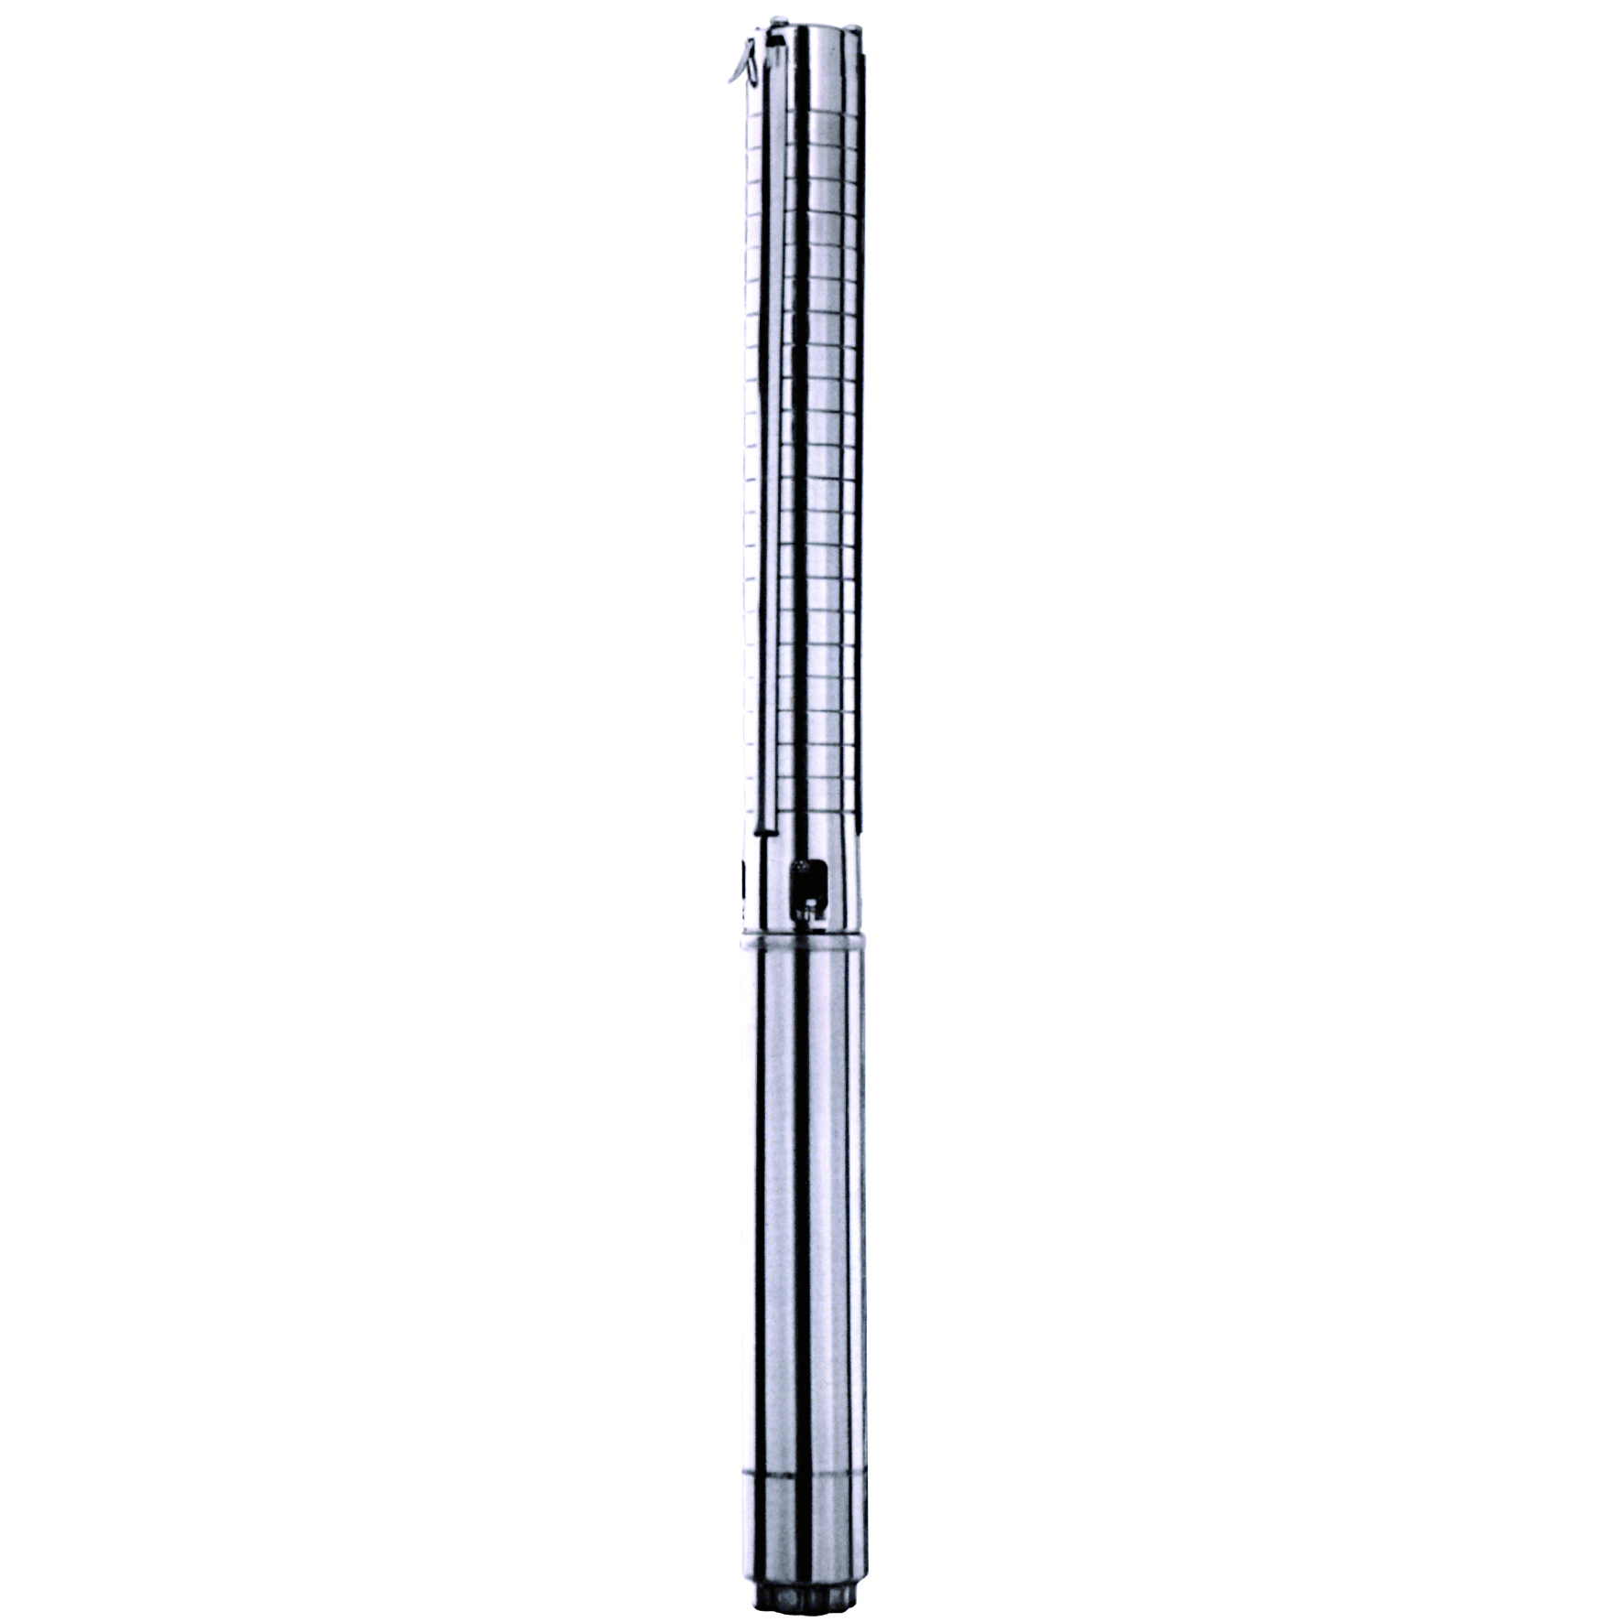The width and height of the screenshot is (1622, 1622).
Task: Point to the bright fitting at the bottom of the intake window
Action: coord(808,910)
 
